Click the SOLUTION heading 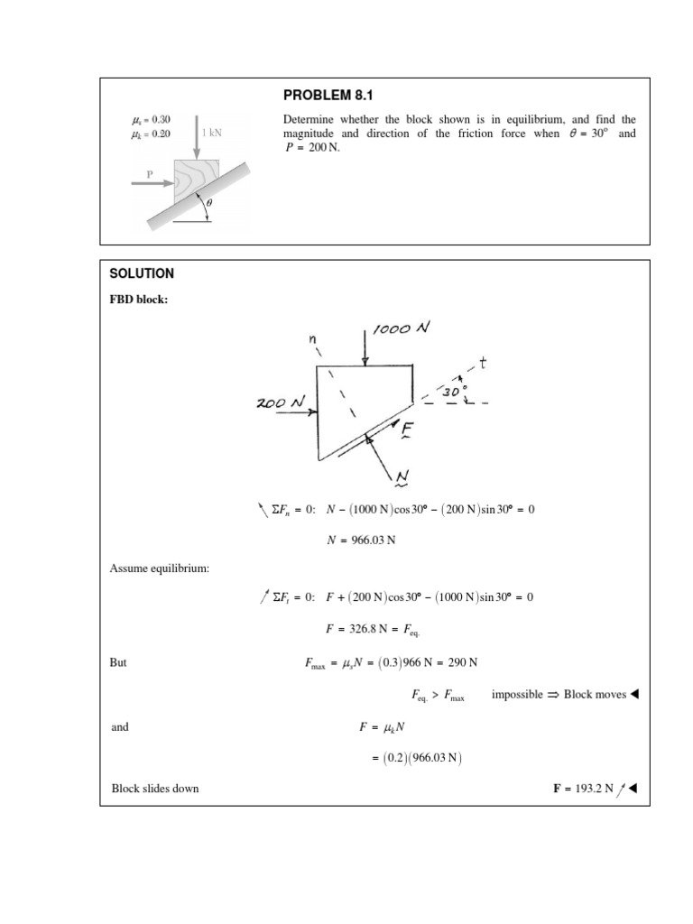click(142, 273)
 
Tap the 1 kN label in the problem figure click(212, 133)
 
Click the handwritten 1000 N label click(399, 331)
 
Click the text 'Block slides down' click(154, 788)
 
